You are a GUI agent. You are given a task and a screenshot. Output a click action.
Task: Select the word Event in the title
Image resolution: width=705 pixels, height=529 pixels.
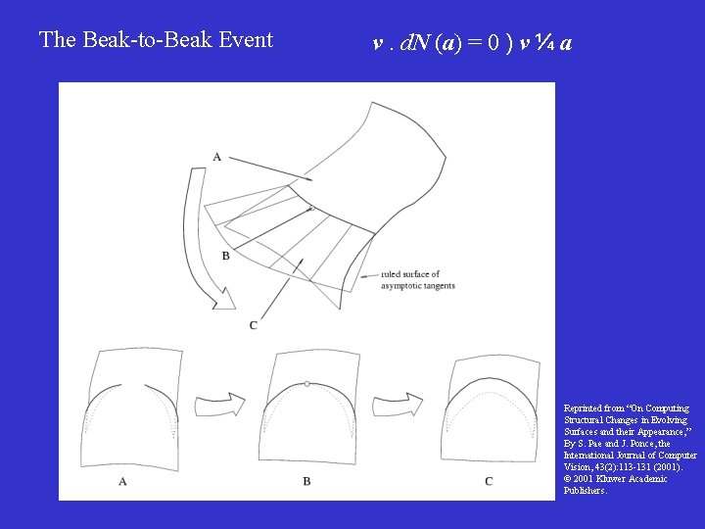tap(246, 40)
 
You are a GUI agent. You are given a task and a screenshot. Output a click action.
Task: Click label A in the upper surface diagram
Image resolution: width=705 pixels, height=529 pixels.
tap(216, 157)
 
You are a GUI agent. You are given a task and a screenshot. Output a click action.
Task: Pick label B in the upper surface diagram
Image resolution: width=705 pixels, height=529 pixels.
tap(226, 255)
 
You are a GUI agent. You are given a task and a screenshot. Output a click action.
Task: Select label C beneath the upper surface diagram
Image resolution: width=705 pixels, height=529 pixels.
tap(254, 324)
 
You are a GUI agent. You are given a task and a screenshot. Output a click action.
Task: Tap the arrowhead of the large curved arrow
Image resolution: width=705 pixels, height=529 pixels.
tap(224, 300)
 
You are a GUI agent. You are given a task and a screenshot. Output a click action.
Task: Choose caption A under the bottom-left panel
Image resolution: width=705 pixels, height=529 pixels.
tap(122, 481)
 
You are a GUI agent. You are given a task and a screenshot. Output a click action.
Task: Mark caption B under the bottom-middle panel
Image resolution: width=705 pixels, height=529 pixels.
tap(306, 481)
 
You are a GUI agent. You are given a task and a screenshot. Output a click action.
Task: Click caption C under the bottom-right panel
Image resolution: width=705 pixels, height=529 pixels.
tap(489, 481)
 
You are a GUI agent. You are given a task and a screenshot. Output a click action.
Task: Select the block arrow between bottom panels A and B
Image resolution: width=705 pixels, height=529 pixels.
tap(219, 405)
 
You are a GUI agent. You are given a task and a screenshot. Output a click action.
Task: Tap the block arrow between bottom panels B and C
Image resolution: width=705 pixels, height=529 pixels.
tap(402, 405)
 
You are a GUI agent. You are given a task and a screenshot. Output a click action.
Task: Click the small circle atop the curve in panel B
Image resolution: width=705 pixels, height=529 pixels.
tap(307, 384)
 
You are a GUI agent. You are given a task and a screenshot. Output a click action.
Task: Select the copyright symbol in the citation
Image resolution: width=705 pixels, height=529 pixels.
tap(568, 478)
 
